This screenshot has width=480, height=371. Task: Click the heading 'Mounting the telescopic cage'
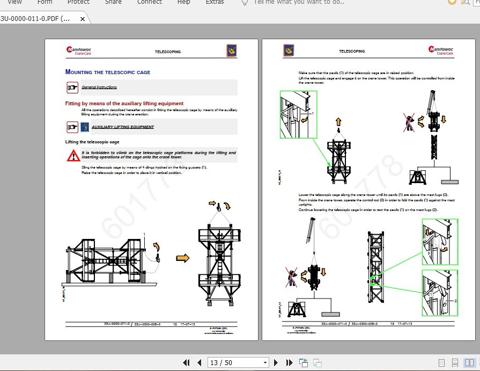[x=108, y=72]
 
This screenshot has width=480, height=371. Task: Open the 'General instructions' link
[x=99, y=87]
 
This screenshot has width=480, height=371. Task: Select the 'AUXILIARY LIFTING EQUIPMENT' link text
[x=123, y=127]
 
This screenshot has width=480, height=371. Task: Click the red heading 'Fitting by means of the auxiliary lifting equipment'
[x=124, y=104]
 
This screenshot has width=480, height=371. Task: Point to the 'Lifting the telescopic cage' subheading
[x=92, y=142]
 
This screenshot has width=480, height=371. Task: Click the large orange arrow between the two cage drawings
[x=183, y=258]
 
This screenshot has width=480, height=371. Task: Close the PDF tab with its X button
[x=83, y=19]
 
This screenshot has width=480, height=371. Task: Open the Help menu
[x=183, y=2]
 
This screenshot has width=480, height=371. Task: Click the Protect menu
[x=78, y=2]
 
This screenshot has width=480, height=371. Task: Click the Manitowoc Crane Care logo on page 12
[x=79, y=50]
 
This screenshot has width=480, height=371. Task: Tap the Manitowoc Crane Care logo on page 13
[x=441, y=50]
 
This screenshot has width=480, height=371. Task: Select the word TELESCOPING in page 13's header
[x=352, y=52]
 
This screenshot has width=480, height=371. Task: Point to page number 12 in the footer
[x=175, y=324]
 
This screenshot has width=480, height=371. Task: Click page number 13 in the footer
[x=392, y=324]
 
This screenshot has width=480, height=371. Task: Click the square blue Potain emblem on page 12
[x=232, y=51]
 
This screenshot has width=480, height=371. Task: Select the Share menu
[x=113, y=2]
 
